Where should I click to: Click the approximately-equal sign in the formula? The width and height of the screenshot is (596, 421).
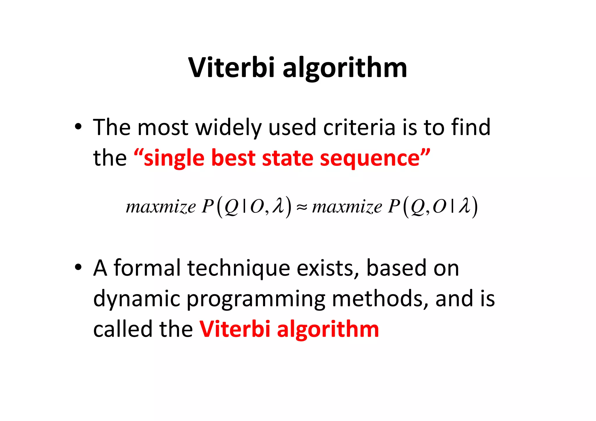pos(302,207)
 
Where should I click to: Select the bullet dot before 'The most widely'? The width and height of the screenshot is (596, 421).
pos(78,127)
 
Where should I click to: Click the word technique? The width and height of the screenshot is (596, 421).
pos(239,268)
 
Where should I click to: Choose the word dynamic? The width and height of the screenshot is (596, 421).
pos(136,299)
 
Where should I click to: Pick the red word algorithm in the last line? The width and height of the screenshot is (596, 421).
pos(328,330)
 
